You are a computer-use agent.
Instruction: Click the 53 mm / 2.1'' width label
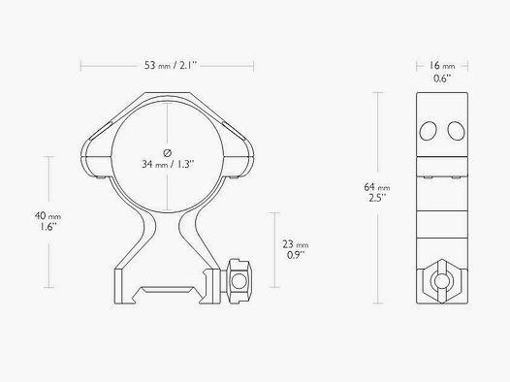coord(167,67)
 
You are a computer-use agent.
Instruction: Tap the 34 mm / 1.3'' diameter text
coord(168,165)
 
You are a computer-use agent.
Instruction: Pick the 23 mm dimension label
coord(297,245)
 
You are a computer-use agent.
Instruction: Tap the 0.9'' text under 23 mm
coord(297,258)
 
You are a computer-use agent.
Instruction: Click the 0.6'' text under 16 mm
coord(440,79)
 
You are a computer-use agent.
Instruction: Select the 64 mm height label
coord(376,187)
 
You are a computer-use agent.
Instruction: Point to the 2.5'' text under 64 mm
coord(376,200)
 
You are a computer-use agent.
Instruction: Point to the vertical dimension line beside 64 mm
coord(377,145)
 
